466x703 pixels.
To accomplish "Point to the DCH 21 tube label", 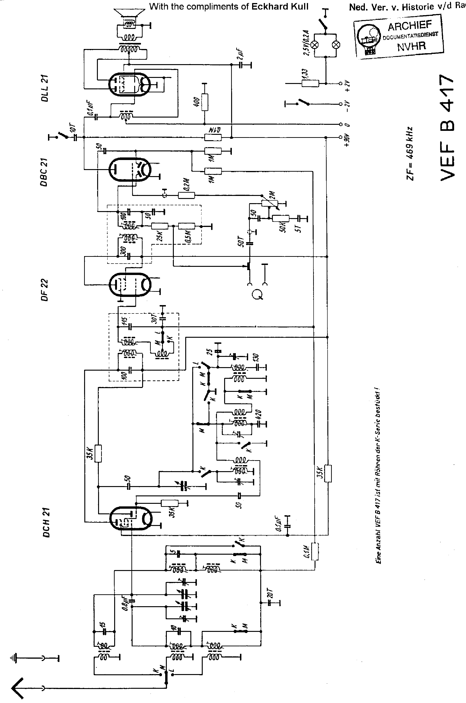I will click(x=46, y=522).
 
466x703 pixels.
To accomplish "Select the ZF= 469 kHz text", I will click(x=410, y=153).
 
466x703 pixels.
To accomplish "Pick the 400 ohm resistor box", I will click(x=205, y=102).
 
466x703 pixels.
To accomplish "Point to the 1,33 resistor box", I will click(x=310, y=83).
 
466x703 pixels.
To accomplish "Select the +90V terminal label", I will click(x=347, y=140).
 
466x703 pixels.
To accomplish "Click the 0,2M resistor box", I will click(x=186, y=195).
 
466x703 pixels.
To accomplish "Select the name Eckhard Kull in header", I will click(x=280, y=7).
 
